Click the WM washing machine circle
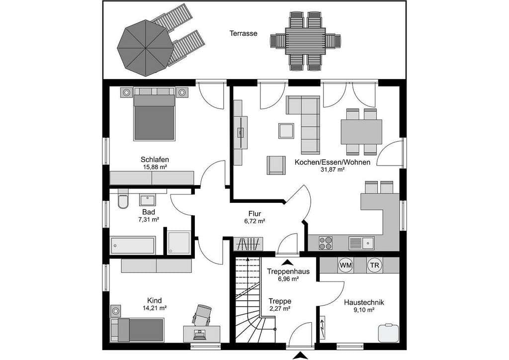click(x=346, y=265)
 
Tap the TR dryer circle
click(x=375, y=265)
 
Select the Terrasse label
click(x=244, y=33)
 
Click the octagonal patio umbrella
click(x=146, y=48)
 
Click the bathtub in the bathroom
click(x=132, y=246)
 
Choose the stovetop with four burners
click(x=326, y=243)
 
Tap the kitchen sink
click(x=362, y=243)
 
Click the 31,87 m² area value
click(x=333, y=170)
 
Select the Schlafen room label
click(x=155, y=160)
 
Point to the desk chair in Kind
click(x=202, y=314)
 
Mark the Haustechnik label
click(x=364, y=302)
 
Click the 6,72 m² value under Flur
click(x=255, y=221)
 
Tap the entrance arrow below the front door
click(x=300, y=356)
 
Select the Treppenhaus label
click(x=288, y=271)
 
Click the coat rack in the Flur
click(x=249, y=244)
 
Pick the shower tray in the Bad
click(x=179, y=242)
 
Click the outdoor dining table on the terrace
click(x=306, y=41)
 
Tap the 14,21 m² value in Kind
click(x=155, y=308)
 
